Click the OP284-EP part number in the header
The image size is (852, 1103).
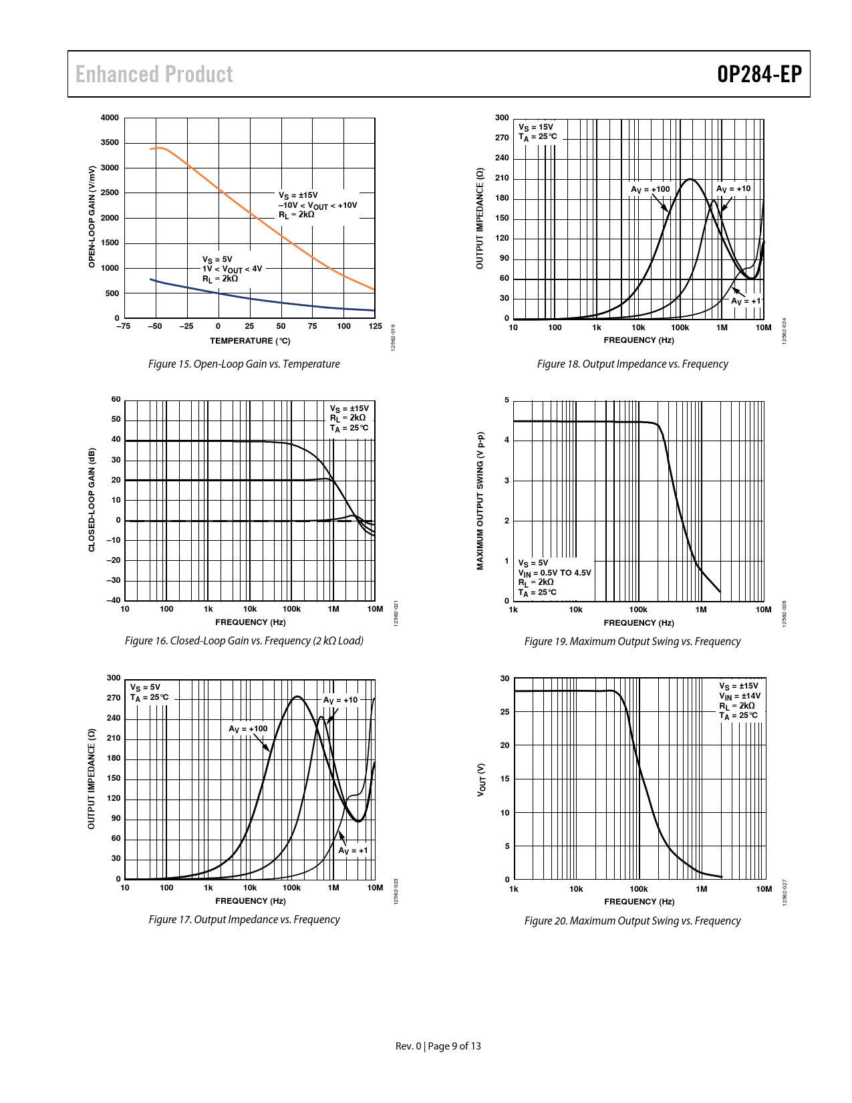[759, 74]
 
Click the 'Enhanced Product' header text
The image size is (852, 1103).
[154, 74]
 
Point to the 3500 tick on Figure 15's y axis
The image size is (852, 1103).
[110, 142]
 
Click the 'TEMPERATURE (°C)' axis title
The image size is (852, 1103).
[250, 341]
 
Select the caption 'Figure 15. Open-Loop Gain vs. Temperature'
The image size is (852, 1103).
[244, 364]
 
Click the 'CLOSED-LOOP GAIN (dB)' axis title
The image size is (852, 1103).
[92, 500]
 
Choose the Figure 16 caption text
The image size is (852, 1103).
[244, 641]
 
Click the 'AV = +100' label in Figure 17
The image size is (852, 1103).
[248, 729]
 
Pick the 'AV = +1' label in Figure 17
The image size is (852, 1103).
[353, 850]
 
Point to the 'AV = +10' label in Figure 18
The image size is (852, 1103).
[733, 189]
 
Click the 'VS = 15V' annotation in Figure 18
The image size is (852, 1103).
[536, 127]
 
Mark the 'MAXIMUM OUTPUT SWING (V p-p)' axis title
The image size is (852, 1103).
[480, 501]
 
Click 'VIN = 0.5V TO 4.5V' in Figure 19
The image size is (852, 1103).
[555, 573]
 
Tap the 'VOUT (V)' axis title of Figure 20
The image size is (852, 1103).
[480, 779]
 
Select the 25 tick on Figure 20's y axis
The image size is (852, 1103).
[505, 712]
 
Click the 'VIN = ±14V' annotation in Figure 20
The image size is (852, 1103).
[740, 696]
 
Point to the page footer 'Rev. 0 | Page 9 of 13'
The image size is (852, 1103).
[438, 1046]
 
